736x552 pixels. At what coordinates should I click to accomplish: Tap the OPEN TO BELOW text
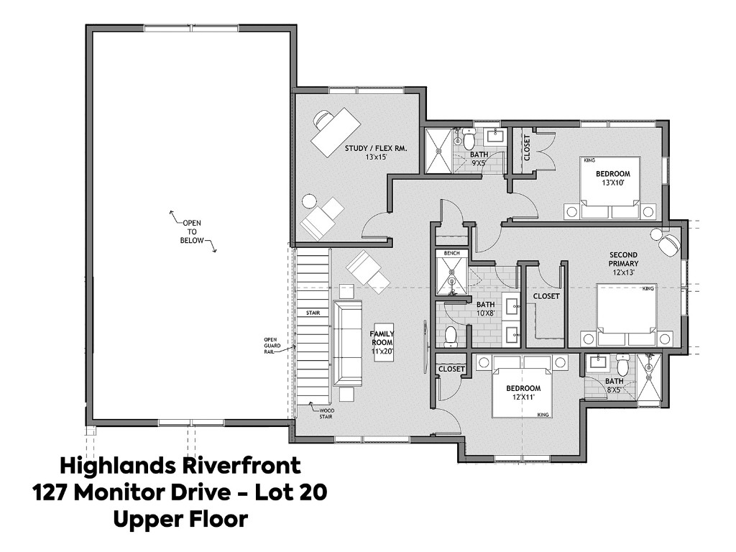(191, 231)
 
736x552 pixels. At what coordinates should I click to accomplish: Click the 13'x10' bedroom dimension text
(612, 183)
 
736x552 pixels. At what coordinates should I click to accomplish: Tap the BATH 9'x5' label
(479, 158)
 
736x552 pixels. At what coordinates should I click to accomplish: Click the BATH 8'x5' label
(614, 386)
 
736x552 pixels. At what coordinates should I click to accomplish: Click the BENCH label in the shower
(451, 254)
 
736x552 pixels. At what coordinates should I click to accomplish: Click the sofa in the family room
(347, 343)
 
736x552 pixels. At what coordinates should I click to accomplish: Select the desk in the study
(336, 132)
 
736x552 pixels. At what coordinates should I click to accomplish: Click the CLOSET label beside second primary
(546, 296)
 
